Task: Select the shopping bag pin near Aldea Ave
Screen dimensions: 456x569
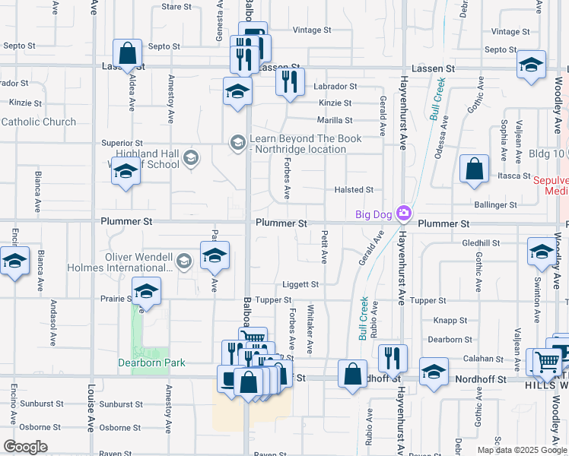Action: coord(128,54)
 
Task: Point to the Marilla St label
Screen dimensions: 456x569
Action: coord(335,120)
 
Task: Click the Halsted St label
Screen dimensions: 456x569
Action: coord(354,190)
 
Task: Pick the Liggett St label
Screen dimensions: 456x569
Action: coord(301,284)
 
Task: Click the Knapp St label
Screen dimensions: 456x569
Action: coord(450,321)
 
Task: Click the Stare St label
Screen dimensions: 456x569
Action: coord(176,7)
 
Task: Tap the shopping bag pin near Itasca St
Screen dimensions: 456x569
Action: coord(474,171)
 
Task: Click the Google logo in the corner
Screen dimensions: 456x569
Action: coord(26,447)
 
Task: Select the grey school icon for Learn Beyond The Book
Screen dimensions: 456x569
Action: coord(237,142)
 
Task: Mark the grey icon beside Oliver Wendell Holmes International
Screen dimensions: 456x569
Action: coord(183,262)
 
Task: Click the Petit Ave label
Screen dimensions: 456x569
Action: coord(324,247)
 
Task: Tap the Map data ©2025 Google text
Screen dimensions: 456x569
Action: coord(521,450)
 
